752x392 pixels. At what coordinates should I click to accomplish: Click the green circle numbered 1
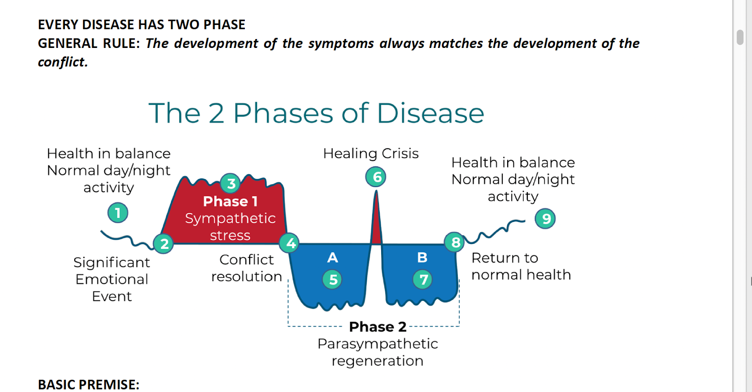[x=118, y=212]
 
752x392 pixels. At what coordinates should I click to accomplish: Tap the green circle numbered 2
[x=164, y=243]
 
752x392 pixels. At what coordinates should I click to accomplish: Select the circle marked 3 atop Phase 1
[x=230, y=183]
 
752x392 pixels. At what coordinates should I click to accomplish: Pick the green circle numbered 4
[x=290, y=243]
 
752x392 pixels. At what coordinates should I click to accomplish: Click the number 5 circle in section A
[x=332, y=279]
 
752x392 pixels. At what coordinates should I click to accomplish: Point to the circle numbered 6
[x=376, y=177]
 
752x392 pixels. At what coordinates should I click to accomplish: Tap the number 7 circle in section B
[x=423, y=279]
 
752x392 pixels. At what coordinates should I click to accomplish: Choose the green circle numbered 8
[x=454, y=242]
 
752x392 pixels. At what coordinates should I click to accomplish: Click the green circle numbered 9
[x=545, y=219]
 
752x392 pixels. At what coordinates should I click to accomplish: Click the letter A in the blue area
[x=332, y=258]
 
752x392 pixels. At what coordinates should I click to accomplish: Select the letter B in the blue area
[x=423, y=258]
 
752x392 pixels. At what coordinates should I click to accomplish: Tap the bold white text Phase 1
[x=230, y=201]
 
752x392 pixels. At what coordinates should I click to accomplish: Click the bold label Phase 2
[x=378, y=327]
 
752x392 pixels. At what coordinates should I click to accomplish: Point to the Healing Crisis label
[x=371, y=153]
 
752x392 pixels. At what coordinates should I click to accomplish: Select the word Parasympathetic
[x=378, y=344]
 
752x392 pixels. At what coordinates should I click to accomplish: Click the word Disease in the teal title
[x=431, y=113]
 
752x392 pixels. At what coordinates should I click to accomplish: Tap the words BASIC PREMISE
[x=89, y=384]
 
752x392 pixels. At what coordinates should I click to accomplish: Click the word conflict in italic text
[x=63, y=62]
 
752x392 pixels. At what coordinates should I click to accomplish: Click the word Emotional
[x=112, y=279]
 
